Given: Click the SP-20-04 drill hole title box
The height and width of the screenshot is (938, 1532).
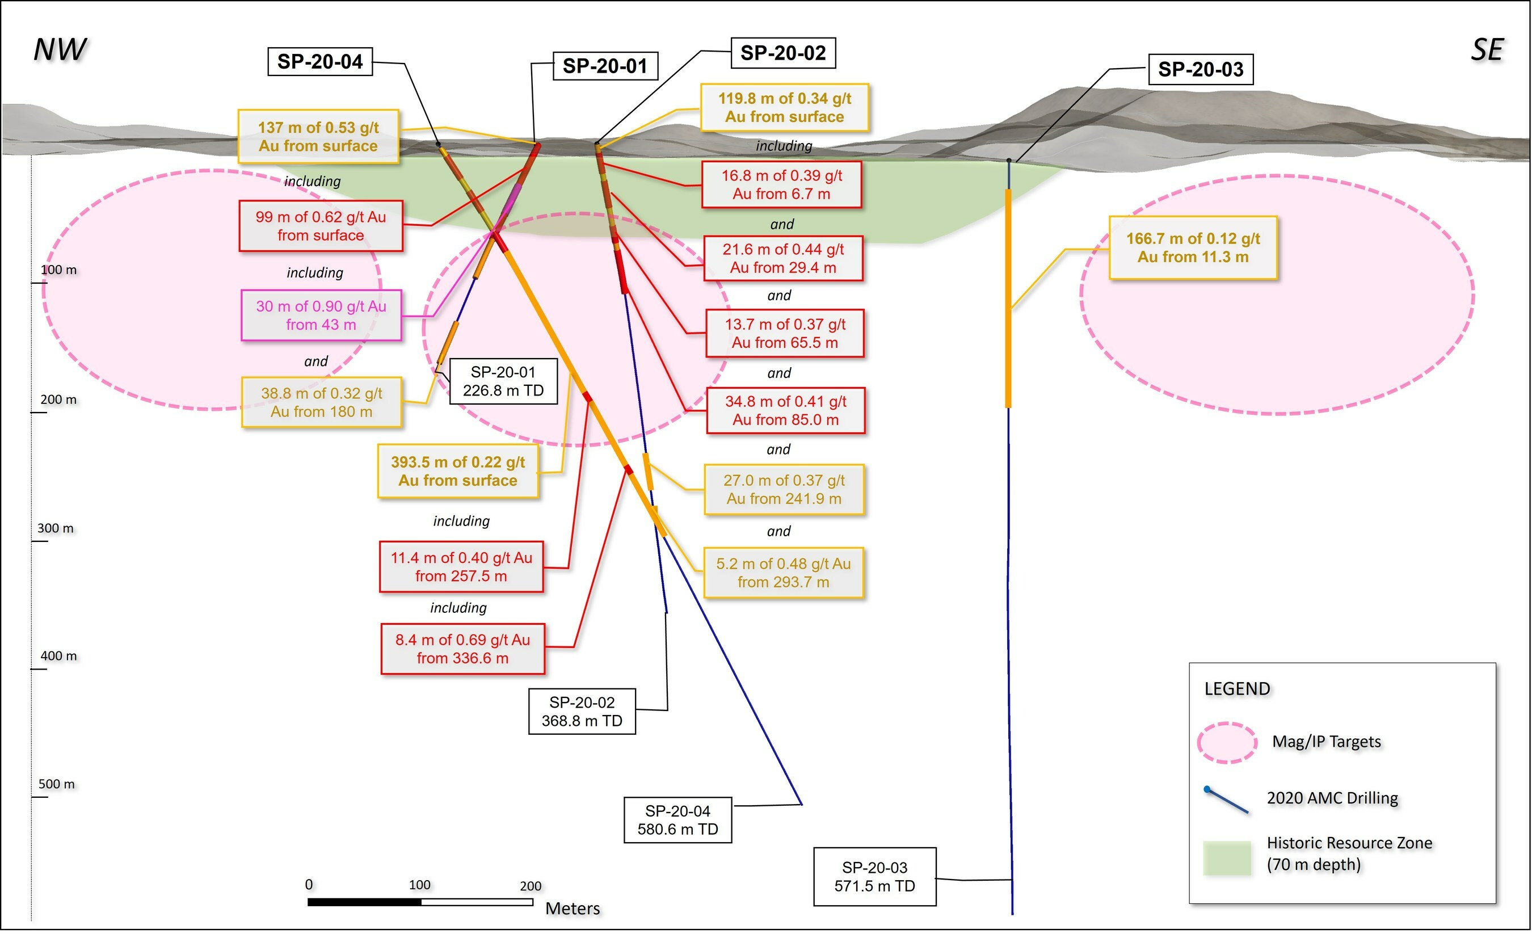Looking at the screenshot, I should (x=319, y=61).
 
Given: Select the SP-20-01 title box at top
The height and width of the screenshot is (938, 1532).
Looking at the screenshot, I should (x=605, y=66).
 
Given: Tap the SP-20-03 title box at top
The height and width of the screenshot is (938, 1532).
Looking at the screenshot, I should (x=1200, y=69).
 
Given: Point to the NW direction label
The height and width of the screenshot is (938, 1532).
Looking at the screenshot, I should (x=60, y=50).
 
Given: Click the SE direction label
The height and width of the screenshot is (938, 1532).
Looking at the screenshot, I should (x=1487, y=50).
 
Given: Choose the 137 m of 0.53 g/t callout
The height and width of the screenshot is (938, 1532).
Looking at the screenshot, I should (x=318, y=137).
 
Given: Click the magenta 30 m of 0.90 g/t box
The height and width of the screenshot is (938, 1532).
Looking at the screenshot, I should (x=321, y=315).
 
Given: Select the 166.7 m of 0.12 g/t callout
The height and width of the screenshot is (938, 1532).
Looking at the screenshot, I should (x=1193, y=248).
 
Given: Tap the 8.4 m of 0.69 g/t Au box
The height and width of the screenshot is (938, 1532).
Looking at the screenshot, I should (x=462, y=649).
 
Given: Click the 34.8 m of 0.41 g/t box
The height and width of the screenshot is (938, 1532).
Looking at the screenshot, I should (x=785, y=411).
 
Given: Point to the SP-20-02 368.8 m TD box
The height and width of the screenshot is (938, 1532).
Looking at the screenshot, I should (x=582, y=712).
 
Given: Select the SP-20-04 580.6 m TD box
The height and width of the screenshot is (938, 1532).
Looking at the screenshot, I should (x=677, y=821).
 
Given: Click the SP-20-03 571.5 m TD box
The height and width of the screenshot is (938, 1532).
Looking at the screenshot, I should (x=874, y=877).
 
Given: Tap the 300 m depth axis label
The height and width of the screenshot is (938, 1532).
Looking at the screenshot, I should (x=56, y=529).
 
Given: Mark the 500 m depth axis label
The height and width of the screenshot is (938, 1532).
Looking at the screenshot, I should (x=57, y=784).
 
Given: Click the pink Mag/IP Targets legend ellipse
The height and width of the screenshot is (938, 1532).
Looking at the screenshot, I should (x=1227, y=743).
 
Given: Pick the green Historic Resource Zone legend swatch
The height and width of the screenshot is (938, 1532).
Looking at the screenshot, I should (x=1227, y=859).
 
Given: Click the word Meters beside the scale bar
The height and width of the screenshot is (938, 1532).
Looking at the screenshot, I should (x=573, y=909).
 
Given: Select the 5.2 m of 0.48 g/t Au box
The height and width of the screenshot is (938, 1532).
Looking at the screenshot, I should (x=784, y=573).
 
